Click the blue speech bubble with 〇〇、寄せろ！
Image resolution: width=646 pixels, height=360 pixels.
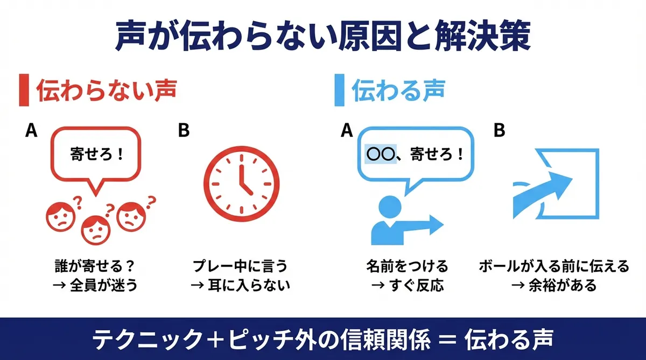(414, 156)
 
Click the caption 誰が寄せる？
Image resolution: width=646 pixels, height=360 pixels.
(95, 266)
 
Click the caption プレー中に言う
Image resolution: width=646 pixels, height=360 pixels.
(240, 266)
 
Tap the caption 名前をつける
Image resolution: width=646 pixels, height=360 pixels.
(407, 266)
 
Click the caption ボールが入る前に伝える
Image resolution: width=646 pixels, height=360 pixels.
(554, 266)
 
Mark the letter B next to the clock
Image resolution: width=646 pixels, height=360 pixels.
(184, 131)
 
